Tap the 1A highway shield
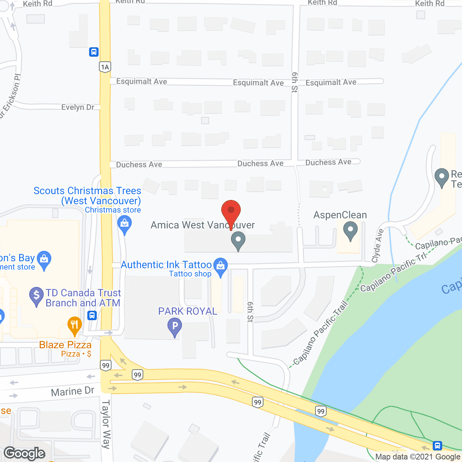coord(105,67)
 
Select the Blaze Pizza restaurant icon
coord(75,325)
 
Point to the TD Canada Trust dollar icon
coord(36,296)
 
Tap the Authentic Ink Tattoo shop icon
coord(221,266)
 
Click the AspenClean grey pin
coord(350,230)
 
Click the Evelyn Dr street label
coord(78,107)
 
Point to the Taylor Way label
coord(106,424)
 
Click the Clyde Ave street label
coord(377,245)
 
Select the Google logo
coord(25,453)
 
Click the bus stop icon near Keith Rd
coord(94,52)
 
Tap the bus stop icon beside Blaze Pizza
coord(92,316)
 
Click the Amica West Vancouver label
coord(202,225)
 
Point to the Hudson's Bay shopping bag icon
coord(44,259)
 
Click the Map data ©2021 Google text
coord(418,457)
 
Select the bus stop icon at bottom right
coord(437,445)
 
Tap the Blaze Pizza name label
coord(65,345)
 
